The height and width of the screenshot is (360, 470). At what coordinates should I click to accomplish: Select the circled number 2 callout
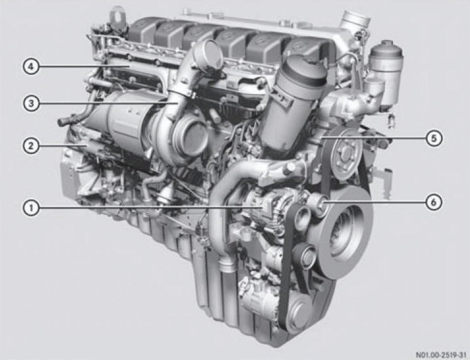click(x=31, y=146)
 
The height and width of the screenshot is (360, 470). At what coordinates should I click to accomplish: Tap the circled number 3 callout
click(x=31, y=104)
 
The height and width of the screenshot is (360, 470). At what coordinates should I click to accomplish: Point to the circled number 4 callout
click(x=31, y=67)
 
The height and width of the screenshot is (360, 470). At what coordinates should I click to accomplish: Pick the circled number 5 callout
click(x=434, y=138)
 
